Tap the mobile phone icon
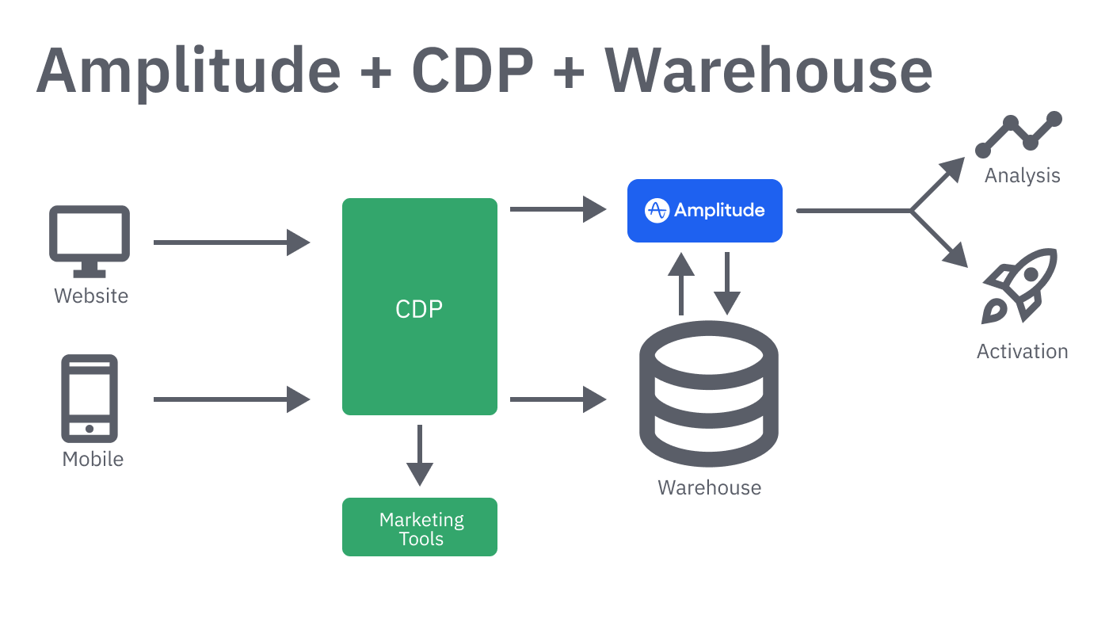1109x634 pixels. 90,398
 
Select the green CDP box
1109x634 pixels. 419,307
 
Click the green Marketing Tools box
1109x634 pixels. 419,527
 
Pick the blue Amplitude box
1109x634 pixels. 704,210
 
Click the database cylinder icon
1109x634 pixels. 708,393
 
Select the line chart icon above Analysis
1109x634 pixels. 1019,135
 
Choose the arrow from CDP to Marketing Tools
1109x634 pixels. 419,456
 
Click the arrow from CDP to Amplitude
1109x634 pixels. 558,209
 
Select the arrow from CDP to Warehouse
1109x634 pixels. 558,399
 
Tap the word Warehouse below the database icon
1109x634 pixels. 709,487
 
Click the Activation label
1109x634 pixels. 1022,351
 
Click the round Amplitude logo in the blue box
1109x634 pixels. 657,210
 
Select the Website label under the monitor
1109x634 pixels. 91,296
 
